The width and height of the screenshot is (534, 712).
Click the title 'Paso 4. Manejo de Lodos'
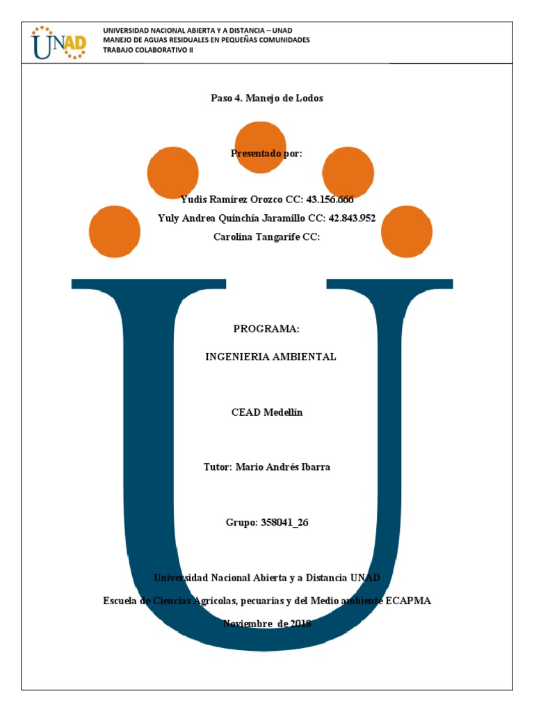267,98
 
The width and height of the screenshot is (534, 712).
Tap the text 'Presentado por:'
267,154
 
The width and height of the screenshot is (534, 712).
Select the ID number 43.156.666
325,200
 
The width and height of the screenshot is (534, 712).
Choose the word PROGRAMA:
266,329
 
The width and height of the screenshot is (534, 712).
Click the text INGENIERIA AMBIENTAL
270,357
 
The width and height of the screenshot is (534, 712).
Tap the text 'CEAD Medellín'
267,412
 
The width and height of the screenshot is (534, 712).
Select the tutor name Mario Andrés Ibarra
283,467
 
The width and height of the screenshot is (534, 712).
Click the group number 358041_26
284,522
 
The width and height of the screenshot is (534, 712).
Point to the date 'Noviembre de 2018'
267,624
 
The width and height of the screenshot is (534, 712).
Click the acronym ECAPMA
407,600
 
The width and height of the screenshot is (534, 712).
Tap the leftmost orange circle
115,231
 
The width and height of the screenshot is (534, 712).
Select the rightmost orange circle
407,231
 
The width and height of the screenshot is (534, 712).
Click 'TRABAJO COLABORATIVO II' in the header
147,49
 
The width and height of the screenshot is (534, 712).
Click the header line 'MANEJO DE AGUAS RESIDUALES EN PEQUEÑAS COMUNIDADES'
206,40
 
